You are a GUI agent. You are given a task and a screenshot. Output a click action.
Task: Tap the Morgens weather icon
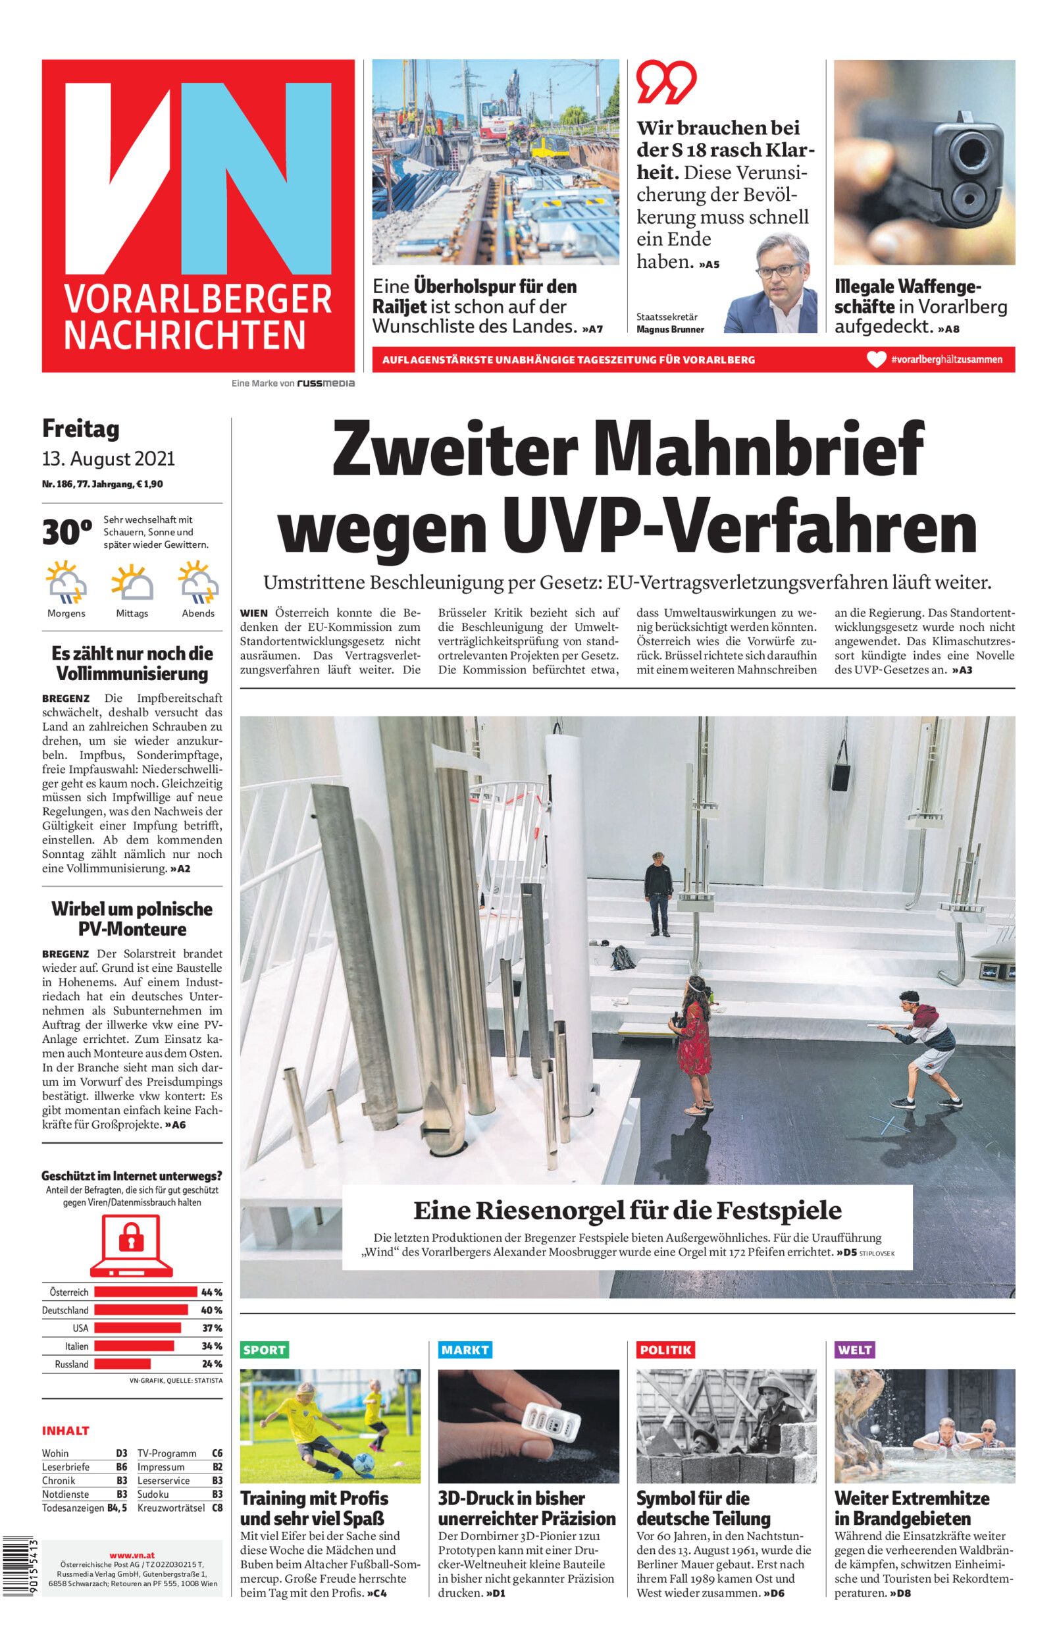[66, 582]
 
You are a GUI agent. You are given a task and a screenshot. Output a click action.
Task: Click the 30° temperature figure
[67, 532]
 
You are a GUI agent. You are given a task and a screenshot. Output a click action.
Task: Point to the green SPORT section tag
[265, 1350]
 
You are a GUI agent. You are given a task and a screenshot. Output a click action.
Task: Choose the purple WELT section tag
[854, 1350]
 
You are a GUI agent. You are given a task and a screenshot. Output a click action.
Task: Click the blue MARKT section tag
[465, 1350]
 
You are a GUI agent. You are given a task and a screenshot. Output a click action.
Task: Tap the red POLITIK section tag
[665, 1350]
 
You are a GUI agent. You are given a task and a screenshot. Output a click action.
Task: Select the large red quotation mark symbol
[665, 82]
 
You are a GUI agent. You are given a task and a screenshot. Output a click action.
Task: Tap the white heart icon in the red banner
[877, 359]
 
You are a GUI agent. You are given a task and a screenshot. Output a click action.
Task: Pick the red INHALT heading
[66, 1431]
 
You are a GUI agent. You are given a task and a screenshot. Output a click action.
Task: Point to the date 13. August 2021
[109, 458]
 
